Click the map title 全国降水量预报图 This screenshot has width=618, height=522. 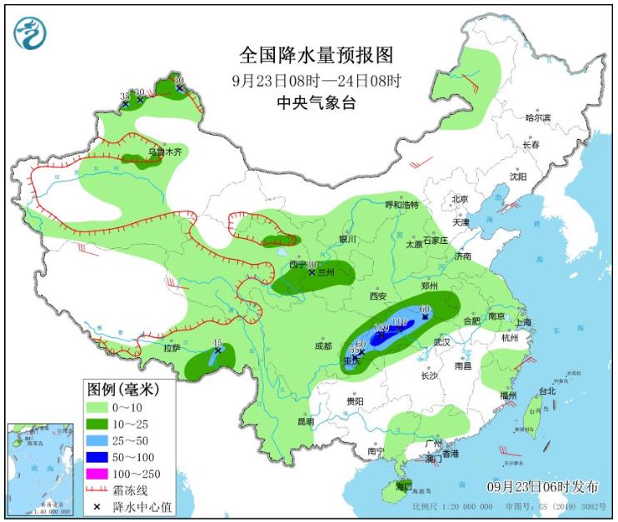click(x=316, y=55)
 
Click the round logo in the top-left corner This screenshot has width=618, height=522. click(x=30, y=32)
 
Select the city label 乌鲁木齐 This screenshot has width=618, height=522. click(x=164, y=152)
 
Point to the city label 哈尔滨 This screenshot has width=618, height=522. click(x=538, y=118)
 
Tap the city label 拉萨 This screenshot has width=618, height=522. click(x=172, y=348)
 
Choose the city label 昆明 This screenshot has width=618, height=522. click(x=305, y=421)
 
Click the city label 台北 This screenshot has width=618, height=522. click(x=546, y=390)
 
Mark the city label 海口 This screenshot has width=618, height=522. click(x=404, y=485)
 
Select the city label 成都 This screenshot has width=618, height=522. click(x=323, y=346)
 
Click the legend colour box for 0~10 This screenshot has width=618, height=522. click(x=101, y=407)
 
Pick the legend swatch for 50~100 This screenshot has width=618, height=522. click(x=101, y=457)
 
